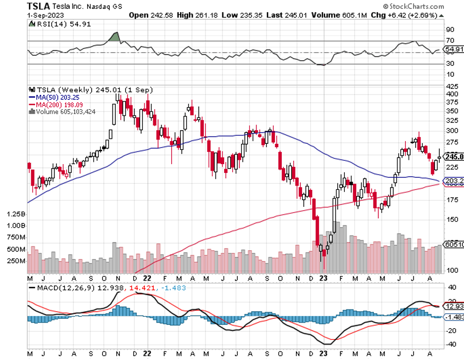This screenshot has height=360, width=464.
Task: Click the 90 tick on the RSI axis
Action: pyautogui.click(x=450, y=30)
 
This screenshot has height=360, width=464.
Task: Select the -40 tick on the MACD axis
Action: pyautogui.click(x=451, y=345)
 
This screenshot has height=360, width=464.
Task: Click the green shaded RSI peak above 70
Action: pyautogui.click(x=115, y=37)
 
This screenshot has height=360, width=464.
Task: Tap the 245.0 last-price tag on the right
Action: pyautogui.click(x=454, y=156)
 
